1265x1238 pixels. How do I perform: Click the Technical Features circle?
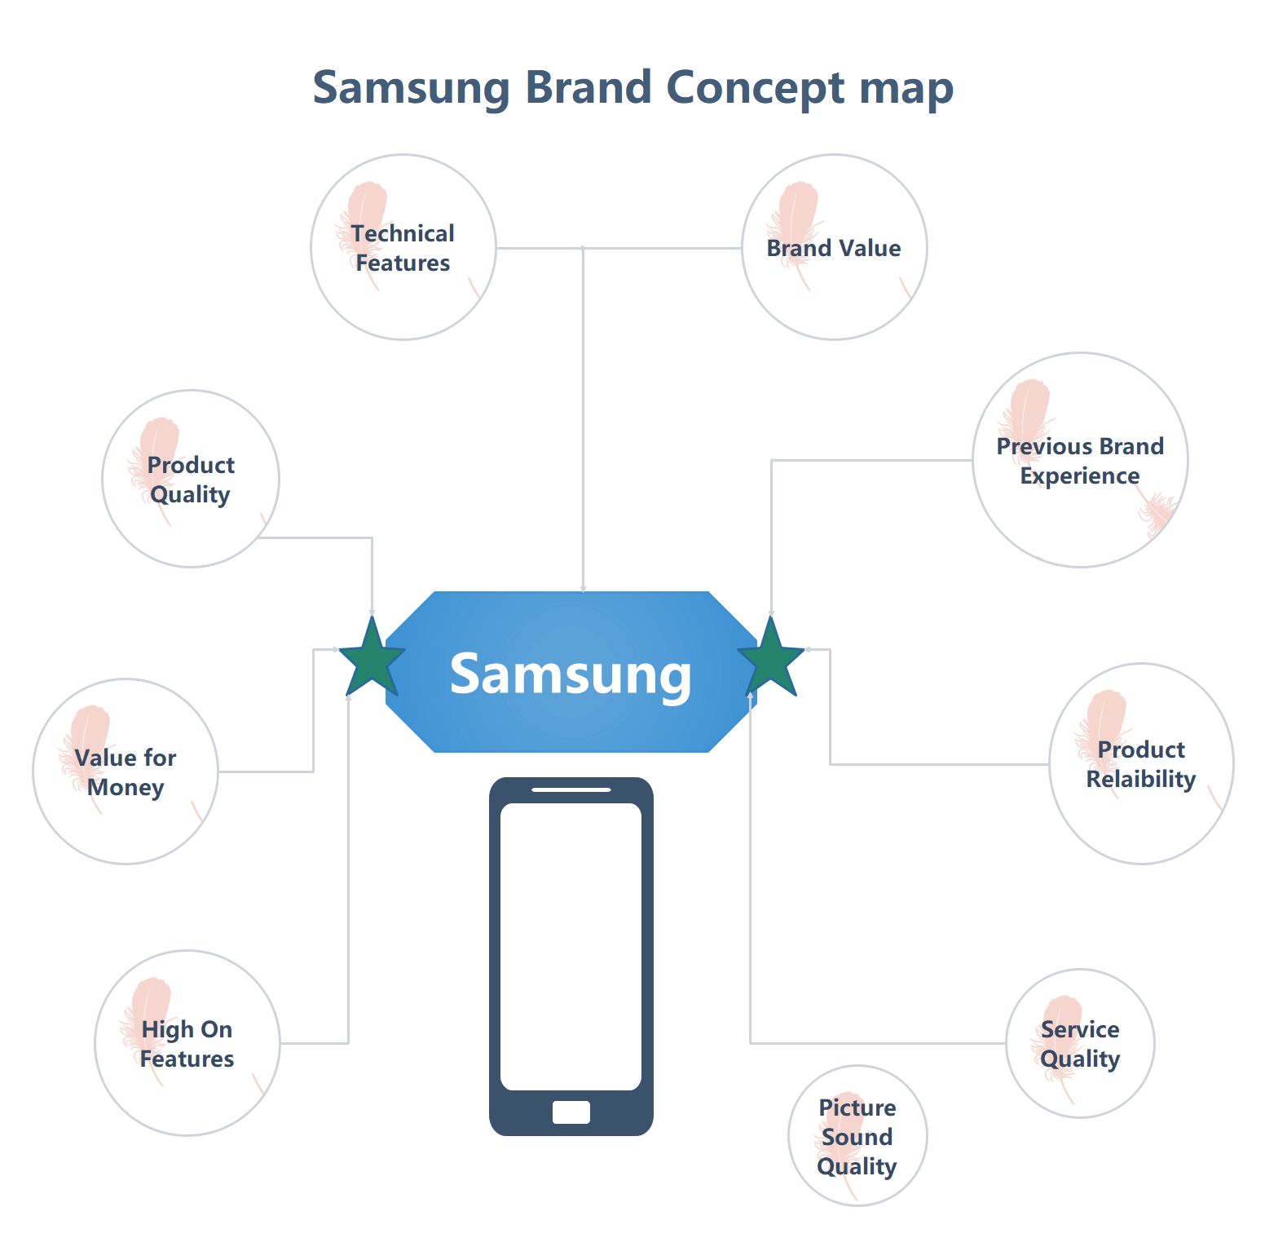[403, 247]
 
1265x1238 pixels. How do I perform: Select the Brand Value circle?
[834, 247]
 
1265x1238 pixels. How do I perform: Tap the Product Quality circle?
[191, 479]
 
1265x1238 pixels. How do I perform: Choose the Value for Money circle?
[126, 772]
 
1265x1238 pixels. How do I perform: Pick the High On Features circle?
[187, 1043]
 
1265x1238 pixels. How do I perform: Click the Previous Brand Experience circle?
[1080, 460]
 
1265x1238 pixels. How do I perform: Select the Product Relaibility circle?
[1141, 763]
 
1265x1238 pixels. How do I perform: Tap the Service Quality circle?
[1080, 1043]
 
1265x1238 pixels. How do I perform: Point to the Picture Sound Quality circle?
[857, 1135]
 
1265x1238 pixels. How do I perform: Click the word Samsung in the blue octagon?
[571, 675]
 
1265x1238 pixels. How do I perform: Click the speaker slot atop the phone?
[571, 789]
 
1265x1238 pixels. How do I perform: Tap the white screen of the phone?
[571, 946]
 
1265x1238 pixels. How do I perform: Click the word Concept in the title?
[756, 87]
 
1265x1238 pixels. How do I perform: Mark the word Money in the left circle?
[126, 788]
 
